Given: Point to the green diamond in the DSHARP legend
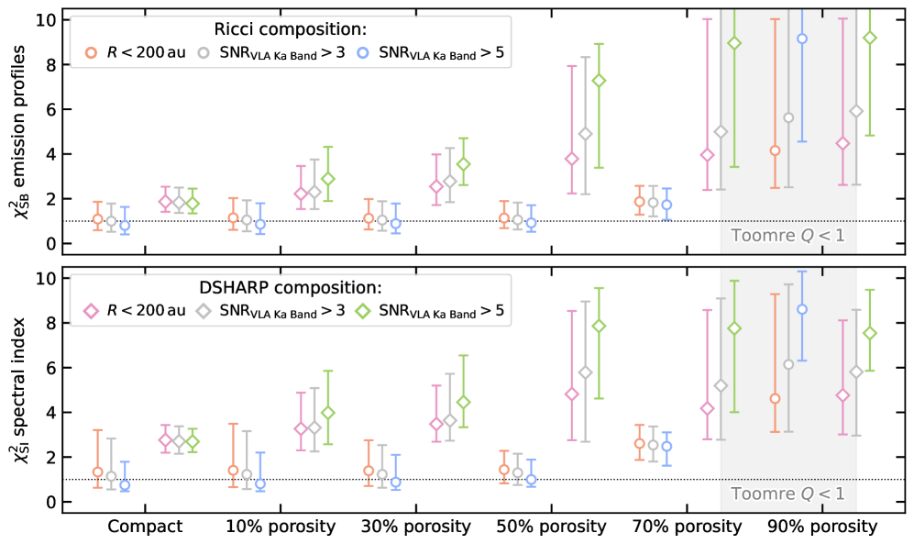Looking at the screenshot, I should pos(366,311).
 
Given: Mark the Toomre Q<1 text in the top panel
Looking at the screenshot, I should pos(787,235).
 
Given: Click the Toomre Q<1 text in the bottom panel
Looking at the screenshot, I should pos(787,494).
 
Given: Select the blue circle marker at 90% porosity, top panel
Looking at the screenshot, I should pos(802,39).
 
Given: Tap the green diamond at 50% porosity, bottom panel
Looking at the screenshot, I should pos(599,326).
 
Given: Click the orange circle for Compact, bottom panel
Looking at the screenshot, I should pos(98,472).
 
